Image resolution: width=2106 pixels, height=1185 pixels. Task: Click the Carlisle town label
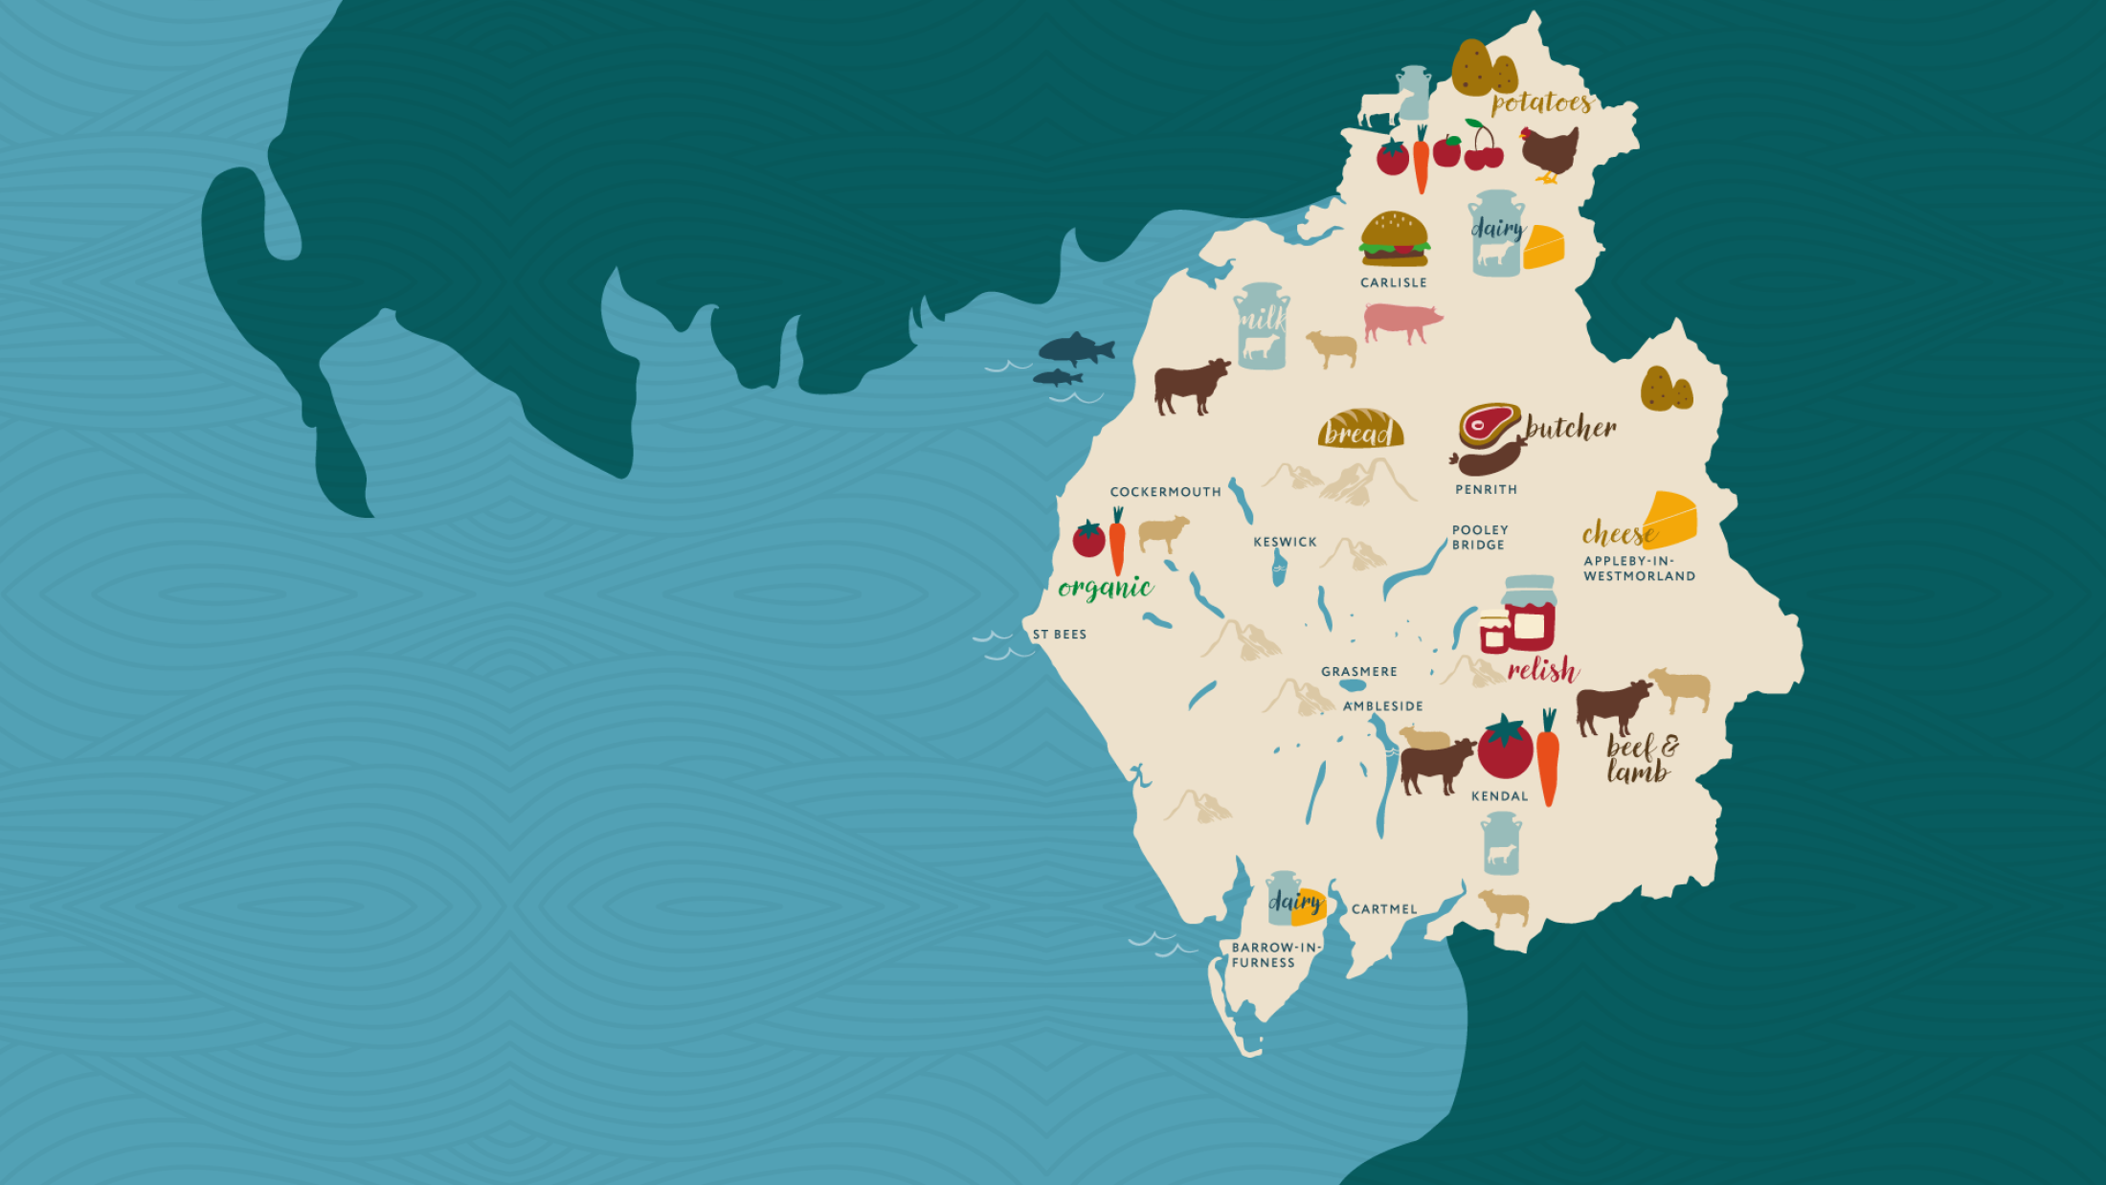[x=1393, y=282]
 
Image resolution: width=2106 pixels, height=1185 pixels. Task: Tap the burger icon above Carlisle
[x=1394, y=239]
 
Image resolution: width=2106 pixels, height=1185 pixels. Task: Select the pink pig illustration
[x=1401, y=322]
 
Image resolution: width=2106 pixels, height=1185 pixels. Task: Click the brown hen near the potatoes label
[x=1550, y=152]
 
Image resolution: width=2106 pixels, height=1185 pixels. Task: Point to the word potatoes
[x=1540, y=102]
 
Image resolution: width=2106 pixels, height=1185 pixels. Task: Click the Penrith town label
[x=1486, y=489]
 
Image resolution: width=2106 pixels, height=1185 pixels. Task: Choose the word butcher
[x=1571, y=428]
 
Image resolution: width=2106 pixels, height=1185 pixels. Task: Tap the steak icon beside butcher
[x=1489, y=424]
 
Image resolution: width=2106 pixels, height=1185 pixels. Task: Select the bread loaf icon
[x=1360, y=430]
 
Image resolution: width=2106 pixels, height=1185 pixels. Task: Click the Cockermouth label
[x=1165, y=492]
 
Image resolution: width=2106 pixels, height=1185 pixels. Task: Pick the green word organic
[x=1105, y=587]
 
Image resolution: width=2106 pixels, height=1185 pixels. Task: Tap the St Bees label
[x=1059, y=635]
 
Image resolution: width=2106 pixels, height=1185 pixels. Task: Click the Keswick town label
[x=1285, y=542]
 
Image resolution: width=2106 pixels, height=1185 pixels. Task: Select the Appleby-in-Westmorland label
[x=1639, y=569]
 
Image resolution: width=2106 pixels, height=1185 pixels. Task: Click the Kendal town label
[x=1499, y=796]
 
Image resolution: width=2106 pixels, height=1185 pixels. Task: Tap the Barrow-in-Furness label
[x=1275, y=955]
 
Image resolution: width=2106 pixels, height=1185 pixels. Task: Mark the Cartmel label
[x=1384, y=909]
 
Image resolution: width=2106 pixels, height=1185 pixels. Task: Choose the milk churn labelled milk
[x=1262, y=325]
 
